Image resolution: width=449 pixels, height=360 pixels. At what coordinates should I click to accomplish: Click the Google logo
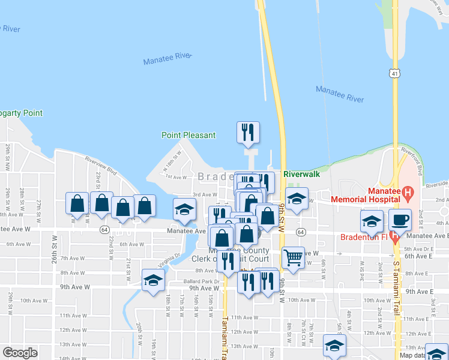coord(20,353)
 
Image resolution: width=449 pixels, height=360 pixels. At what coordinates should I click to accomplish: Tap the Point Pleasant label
coord(188,135)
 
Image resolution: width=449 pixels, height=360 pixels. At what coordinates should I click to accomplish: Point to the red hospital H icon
coord(408,193)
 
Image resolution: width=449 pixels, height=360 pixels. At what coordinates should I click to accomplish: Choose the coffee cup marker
coord(400,221)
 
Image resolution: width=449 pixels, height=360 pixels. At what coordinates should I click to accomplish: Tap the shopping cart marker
coord(293,259)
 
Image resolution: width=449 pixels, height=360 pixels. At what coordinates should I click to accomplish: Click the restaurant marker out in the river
coord(248,133)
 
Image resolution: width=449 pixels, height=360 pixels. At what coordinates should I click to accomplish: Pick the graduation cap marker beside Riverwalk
coord(297,200)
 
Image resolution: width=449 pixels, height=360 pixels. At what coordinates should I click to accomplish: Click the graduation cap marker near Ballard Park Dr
coord(153,280)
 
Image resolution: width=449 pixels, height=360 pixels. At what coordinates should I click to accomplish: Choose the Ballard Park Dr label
coord(201,281)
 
